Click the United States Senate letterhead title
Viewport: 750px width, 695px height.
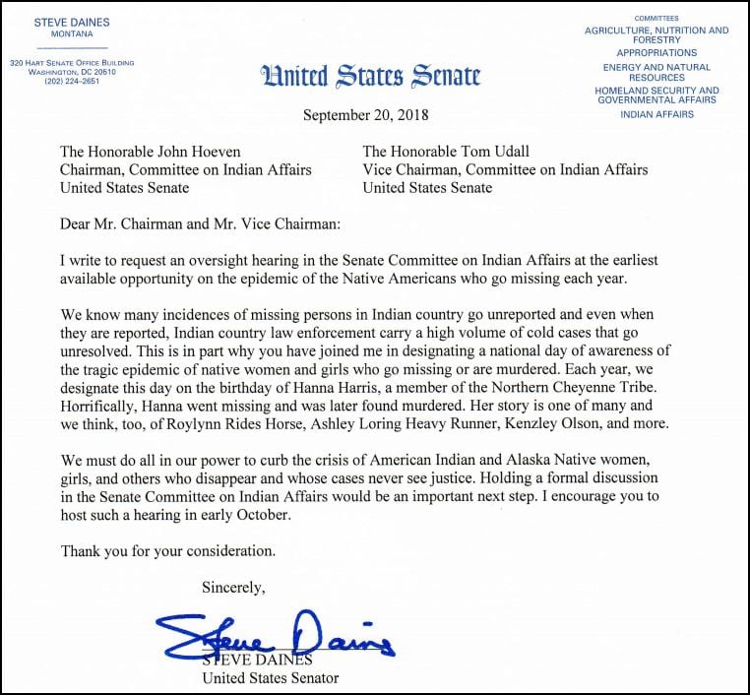click(x=370, y=75)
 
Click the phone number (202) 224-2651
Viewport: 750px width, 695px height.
click(x=72, y=81)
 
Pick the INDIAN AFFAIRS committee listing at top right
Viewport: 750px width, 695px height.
click(x=656, y=114)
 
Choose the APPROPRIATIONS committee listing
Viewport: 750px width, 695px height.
click(x=656, y=53)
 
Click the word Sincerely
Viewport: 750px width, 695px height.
click(x=233, y=588)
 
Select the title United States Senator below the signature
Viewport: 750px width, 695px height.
click(x=270, y=677)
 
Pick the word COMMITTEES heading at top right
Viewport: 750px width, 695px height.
click(x=656, y=19)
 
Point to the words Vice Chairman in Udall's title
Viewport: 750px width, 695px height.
click(x=410, y=169)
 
